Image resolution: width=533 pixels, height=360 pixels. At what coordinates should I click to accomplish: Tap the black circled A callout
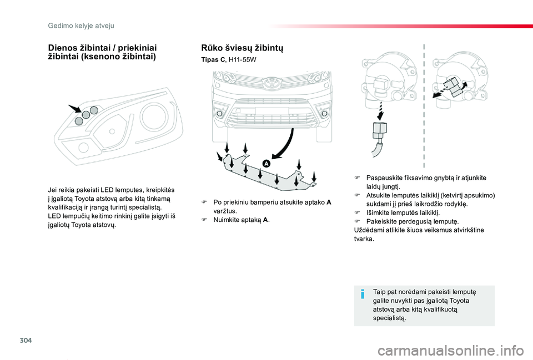point(266,163)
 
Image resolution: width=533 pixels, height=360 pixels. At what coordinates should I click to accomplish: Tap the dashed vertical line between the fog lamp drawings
point(424,105)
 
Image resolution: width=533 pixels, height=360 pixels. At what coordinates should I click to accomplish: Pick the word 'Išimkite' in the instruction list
point(378,212)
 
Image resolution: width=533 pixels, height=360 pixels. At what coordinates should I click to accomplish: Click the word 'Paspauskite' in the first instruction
point(385,178)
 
